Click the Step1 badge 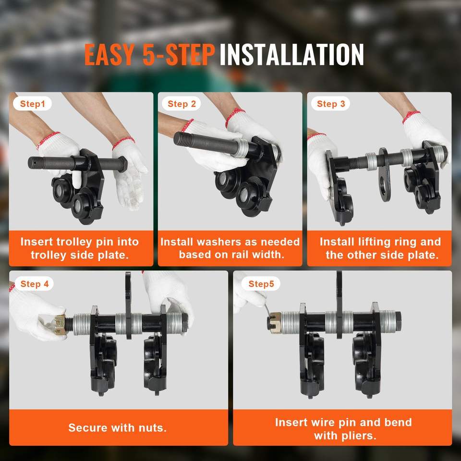[32, 104]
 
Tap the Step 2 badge [182, 104]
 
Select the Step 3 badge [330, 104]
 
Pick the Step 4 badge [34, 284]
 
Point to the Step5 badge [261, 284]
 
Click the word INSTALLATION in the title [291, 55]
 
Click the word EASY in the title [109, 55]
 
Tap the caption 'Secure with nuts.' [117, 427]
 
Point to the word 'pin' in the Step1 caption [105, 242]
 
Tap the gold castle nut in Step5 [275, 322]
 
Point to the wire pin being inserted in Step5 [267, 310]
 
